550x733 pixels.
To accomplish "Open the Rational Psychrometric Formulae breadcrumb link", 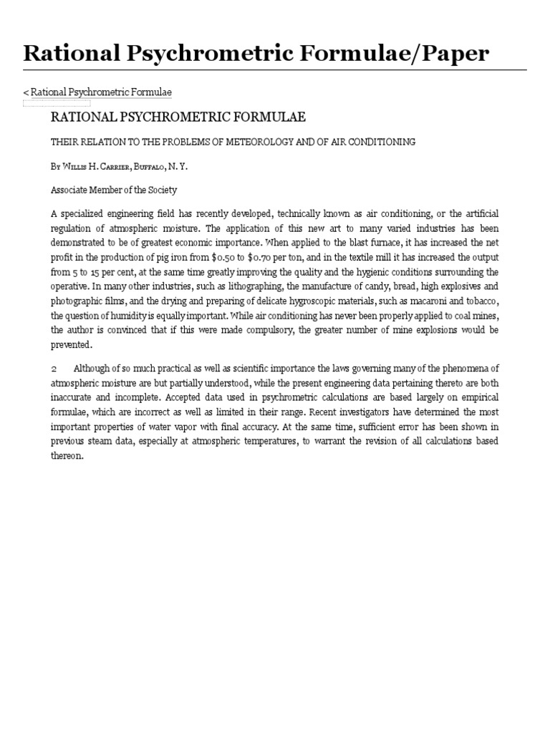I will (x=101, y=92).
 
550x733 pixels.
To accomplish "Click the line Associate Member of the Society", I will (x=113, y=190).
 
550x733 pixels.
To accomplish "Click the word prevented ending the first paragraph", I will (x=72, y=344).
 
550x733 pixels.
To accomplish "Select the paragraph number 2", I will (x=54, y=368).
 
